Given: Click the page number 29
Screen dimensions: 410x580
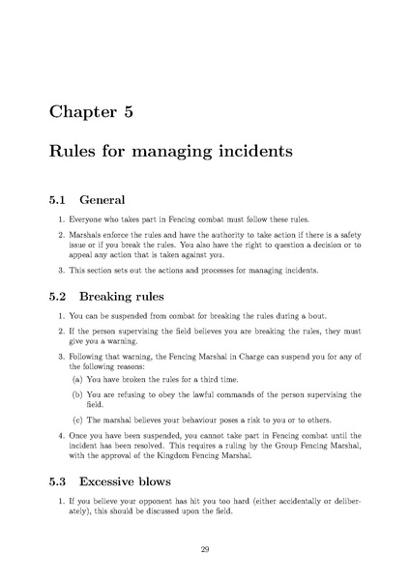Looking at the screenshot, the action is [x=205, y=549].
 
